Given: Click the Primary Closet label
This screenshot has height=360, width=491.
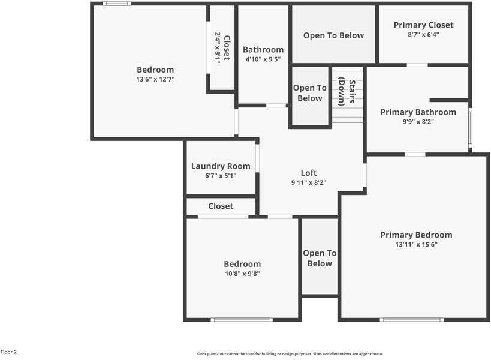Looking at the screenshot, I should click(423, 25).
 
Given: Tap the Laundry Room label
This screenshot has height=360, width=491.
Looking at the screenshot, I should click(221, 166).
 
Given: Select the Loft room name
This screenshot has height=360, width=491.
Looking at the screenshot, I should click(309, 173).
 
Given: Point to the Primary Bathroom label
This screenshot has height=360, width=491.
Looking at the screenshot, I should click(418, 112).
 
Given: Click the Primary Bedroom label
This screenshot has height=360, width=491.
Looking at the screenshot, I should click(416, 235).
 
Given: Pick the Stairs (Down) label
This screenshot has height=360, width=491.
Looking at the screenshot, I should click(348, 92).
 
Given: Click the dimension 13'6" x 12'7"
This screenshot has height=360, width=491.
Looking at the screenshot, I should click(155, 79).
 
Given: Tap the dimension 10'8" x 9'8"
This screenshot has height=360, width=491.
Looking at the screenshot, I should click(242, 274).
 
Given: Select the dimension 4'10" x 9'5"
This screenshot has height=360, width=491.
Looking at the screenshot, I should click(263, 59).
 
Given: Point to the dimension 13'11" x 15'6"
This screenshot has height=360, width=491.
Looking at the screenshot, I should click(416, 245).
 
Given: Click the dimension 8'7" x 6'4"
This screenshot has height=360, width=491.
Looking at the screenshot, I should click(423, 35).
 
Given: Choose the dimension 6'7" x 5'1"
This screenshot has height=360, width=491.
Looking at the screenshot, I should click(221, 176).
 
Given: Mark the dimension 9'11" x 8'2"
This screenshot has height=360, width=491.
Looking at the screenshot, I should click(309, 182).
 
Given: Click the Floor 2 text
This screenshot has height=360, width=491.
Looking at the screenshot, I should click(9, 352).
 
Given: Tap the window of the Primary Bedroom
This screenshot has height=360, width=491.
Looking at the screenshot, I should click(412, 319).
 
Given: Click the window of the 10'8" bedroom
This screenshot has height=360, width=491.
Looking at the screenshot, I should click(242, 319).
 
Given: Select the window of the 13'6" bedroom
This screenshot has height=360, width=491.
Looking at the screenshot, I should click(117, 4).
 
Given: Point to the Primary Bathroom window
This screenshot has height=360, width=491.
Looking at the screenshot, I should click(470, 127).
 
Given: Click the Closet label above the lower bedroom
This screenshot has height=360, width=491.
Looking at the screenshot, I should click(221, 206).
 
